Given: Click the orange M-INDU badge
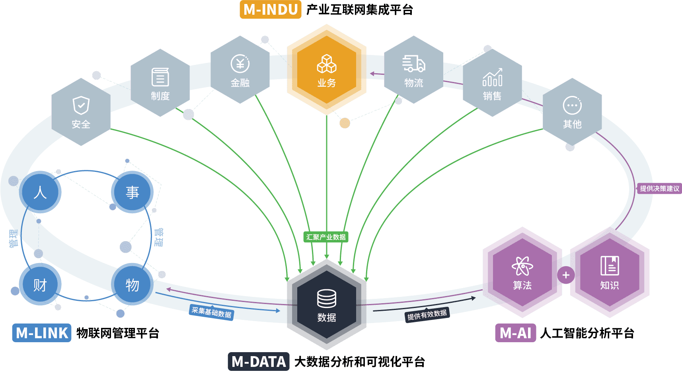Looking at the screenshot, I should coord(271,10).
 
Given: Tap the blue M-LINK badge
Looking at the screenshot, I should coord(42,333).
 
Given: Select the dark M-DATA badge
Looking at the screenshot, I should coord(259,362).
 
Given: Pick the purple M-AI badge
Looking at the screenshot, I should coord(515,333).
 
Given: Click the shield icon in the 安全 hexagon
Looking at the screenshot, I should coord(81,105).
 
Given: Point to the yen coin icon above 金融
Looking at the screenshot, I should coord(240,64).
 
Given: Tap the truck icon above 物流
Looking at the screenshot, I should coord(413,64).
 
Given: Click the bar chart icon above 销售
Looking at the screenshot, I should coord(492,77).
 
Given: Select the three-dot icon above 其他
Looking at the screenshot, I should coord(572,105).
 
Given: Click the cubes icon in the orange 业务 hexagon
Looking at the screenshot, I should coord(327,64).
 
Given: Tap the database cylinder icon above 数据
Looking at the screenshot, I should coord(327,298).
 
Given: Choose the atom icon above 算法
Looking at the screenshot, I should coord(522,266).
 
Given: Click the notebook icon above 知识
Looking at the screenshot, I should coord(610,266).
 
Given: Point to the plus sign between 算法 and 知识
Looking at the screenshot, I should coord(566,275).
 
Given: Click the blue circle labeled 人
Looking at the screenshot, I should coord(40,192).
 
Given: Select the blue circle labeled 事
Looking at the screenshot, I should coord(132,192).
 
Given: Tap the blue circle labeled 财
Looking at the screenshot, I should coord(40,285).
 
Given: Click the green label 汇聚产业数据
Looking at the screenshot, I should coord(326,237).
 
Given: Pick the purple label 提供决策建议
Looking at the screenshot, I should coord(659,189).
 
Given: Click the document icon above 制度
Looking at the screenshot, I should coord(160,77).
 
